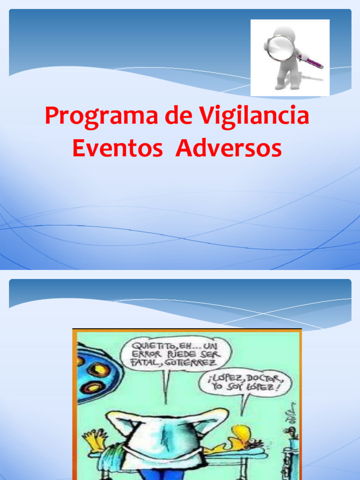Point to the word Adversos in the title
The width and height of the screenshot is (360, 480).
229,149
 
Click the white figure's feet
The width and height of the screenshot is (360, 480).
287,86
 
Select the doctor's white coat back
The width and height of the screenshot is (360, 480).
164,441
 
